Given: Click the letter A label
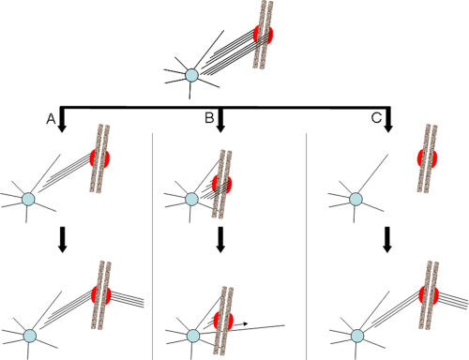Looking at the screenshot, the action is tap(51, 119).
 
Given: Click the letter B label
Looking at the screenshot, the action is tap(209, 118).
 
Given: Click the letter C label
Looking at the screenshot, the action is tap(376, 118).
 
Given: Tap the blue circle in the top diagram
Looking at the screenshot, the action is tap(191, 75).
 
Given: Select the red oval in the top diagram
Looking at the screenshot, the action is tap(263, 35).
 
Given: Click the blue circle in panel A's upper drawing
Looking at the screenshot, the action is tap(28, 199).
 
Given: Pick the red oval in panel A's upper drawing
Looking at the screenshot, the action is tap(99, 158).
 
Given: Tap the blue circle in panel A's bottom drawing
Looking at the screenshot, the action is tap(30, 336).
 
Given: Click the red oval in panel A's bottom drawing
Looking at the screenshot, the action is tap(101, 295).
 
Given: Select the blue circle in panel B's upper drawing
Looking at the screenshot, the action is tap(191, 199).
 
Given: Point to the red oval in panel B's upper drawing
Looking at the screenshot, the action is tap(222, 185).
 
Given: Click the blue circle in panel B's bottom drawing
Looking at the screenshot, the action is tap(193, 336).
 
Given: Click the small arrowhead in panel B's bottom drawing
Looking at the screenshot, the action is tap(246, 323).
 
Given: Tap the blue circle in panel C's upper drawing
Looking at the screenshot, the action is tap(356, 199).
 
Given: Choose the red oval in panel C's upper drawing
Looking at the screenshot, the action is tap(427, 158).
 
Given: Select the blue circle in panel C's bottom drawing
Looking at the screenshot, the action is tap(357, 336).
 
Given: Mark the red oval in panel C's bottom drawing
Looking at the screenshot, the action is tap(429, 295).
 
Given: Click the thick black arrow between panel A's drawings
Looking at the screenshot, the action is tap(63, 239).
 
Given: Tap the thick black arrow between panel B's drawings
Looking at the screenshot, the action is tap(220, 239).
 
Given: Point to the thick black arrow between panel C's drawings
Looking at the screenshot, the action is tap(387, 239).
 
